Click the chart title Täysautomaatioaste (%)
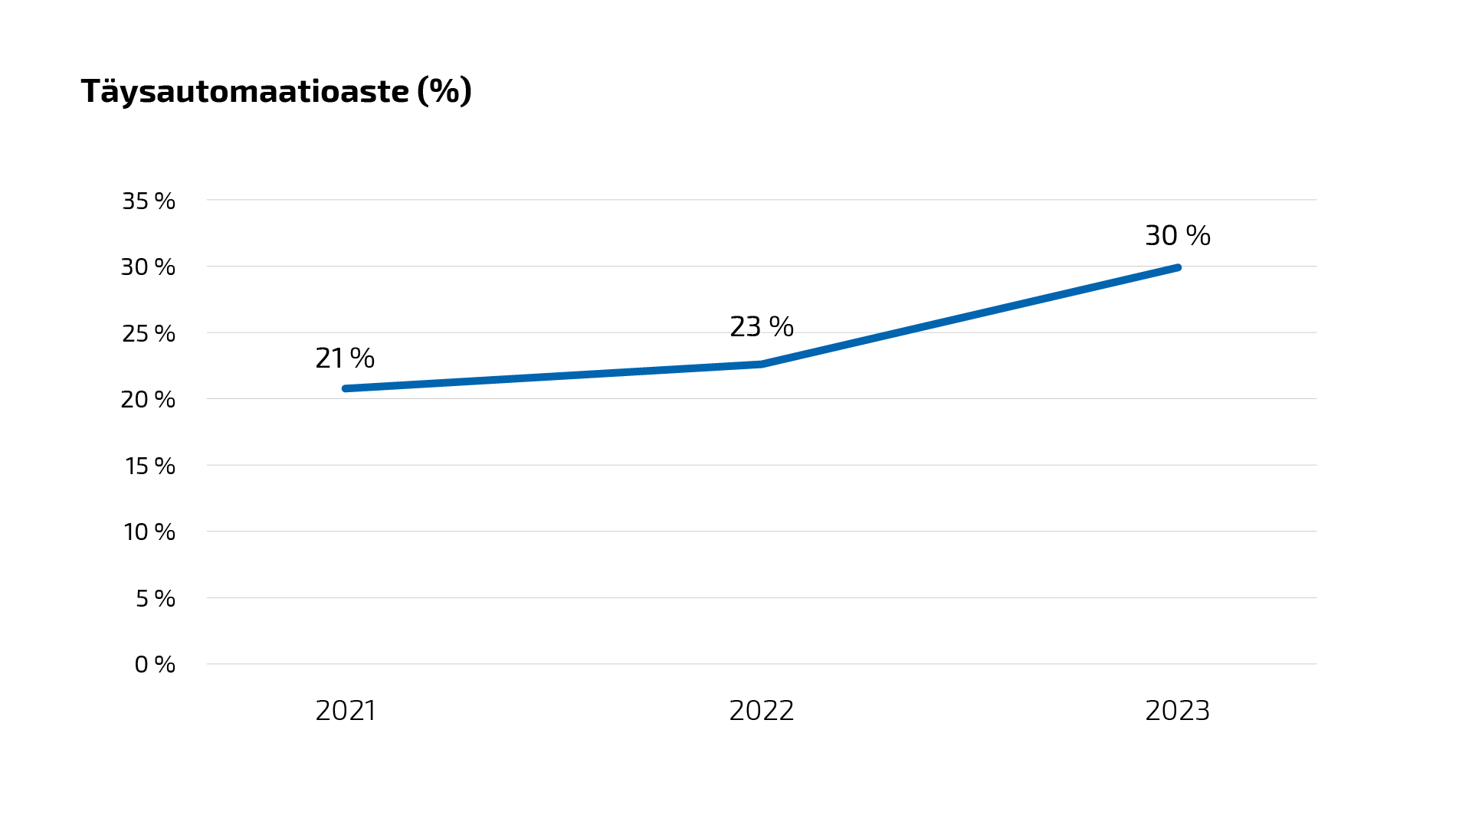tap(276, 91)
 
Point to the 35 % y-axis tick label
tap(149, 201)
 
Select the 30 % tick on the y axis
tap(148, 267)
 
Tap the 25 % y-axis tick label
tap(149, 333)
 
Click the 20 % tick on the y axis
tap(148, 399)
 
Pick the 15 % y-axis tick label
tap(150, 466)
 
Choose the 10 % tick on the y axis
tap(149, 532)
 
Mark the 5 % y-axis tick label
tap(156, 598)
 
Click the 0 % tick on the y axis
tap(155, 664)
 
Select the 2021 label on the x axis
tap(346, 711)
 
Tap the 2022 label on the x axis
tap(762, 711)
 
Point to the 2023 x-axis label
tap(1178, 711)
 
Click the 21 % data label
tap(345, 358)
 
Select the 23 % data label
tap(762, 327)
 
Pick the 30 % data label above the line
tap(1178, 235)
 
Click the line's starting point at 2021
tap(346, 388)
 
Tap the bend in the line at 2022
tap(762, 364)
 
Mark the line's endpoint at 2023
tap(1178, 267)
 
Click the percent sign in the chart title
tap(444, 91)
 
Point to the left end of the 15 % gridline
tap(208, 465)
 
